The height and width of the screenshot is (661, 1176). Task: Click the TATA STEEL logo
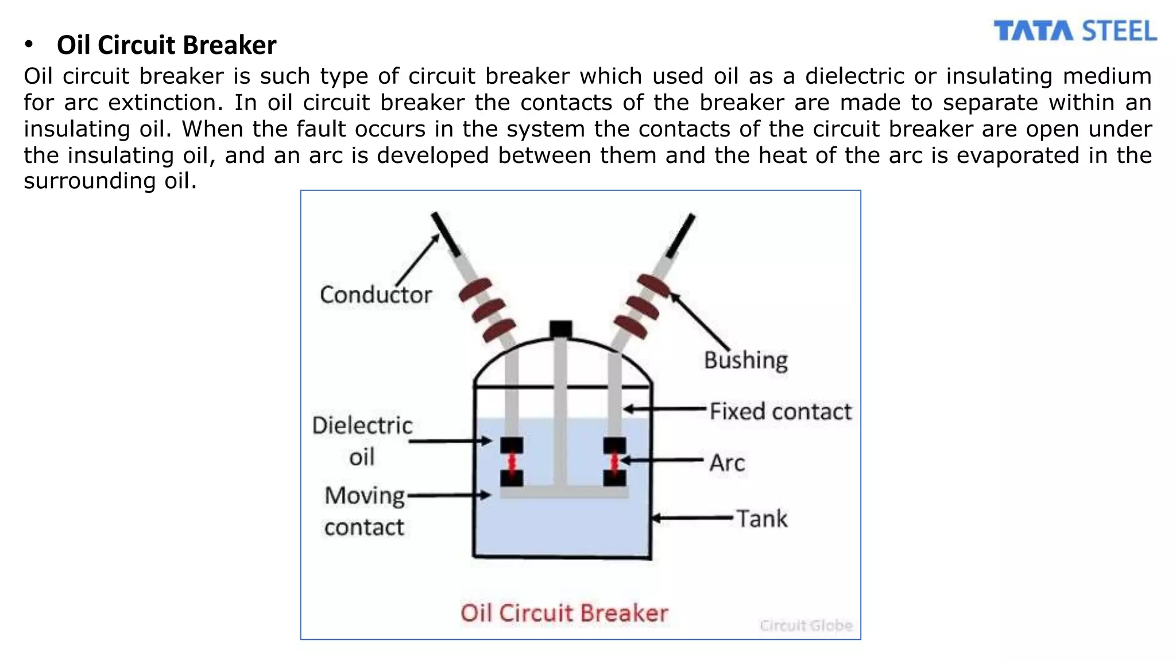[x=1074, y=31]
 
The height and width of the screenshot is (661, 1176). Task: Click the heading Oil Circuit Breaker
[x=167, y=45]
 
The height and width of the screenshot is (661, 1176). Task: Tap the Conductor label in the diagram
[x=376, y=295]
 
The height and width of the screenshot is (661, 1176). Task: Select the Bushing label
[x=745, y=360]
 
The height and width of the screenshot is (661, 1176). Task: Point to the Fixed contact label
[x=780, y=411]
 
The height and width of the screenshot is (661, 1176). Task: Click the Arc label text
[x=727, y=462]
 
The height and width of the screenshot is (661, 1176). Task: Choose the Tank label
[x=761, y=519]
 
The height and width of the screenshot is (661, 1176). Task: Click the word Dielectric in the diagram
[x=362, y=426]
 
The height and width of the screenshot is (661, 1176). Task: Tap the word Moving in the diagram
[x=365, y=496]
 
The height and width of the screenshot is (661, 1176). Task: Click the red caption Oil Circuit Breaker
[x=564, y=613]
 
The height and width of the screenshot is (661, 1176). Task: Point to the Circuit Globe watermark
[x=806, y=625]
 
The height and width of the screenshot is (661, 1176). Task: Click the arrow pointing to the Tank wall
[x=692, y=518]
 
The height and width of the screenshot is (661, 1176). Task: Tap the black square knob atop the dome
[x=560, y=329]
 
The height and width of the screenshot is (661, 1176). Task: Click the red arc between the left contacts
[x=511, y=462]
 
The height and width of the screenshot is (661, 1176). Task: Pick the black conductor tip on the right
[x=681, y=235]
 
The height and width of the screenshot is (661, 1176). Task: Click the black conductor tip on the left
[x=446, y=234]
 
